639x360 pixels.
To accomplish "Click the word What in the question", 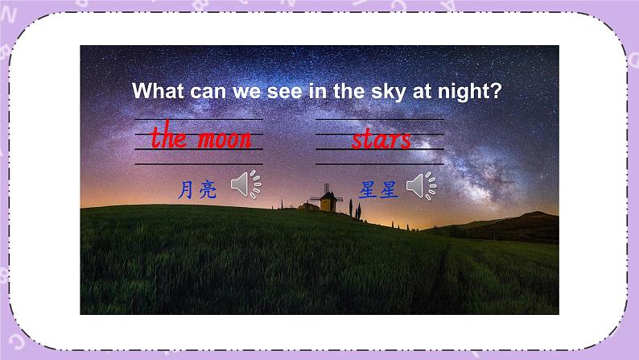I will coord(159,91).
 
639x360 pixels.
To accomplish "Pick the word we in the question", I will coord(247,91).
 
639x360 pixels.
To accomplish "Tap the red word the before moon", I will coord(169,138).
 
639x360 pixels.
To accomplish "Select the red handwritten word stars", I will coord(381,139).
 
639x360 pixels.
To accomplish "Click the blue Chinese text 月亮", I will coord(196,190).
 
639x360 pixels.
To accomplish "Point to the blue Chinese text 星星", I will coord(379,190).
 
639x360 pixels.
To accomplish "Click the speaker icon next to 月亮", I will coord(245,185).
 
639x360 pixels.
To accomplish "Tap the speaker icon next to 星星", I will coord(421,186).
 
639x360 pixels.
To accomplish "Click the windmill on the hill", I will coord(327,200).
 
